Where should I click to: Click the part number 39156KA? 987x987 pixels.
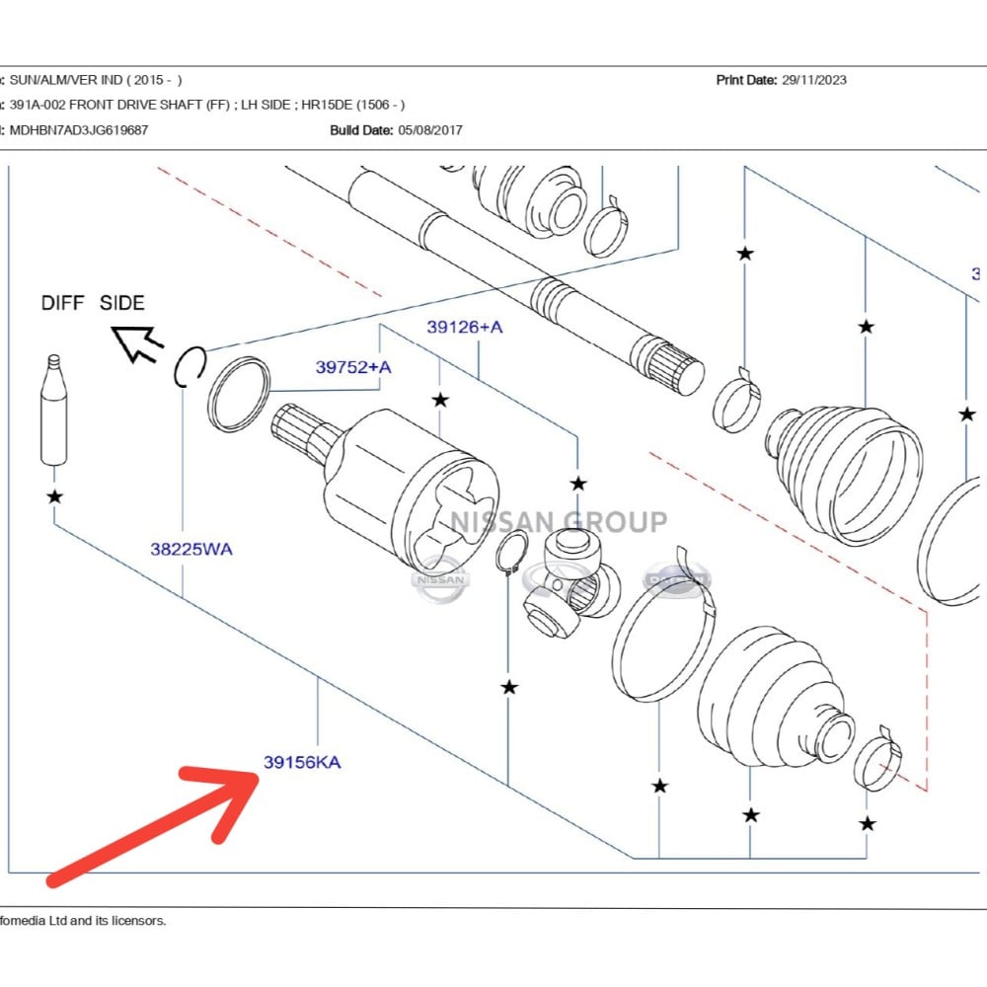tap(302, 762)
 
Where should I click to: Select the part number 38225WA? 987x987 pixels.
tap(191, 549)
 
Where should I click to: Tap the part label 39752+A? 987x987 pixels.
tap(353, 367)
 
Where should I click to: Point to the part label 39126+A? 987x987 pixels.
tap(464, 327)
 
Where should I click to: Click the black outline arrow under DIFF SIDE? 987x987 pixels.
tap(138, 343)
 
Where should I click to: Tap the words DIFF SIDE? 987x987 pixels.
tap(93, 303)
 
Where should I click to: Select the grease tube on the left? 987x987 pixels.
tap(54, 410)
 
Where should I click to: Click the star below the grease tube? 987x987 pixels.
tap(55, 496)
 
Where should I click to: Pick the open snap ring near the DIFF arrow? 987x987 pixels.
tap(189, 366)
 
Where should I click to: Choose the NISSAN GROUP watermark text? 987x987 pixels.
tap(559, 521)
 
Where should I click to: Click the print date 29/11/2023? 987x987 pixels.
tap(813, 80)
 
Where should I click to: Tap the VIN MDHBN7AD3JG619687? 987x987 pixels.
tap(79, 129)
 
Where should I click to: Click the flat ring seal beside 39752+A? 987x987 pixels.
tap(239, 396)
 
